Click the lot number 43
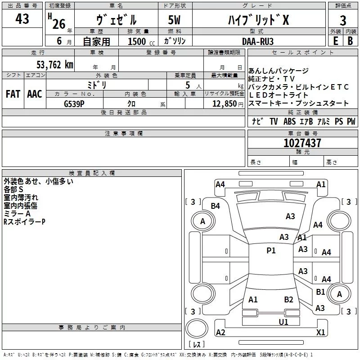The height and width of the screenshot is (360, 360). point(22,18)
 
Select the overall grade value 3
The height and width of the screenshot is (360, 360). point(343,20)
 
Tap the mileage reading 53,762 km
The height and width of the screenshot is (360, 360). point(55,64)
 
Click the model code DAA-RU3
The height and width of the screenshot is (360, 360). point(258,41)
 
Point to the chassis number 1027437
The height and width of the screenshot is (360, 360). point(302,143)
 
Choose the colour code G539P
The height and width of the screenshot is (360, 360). point(74,104)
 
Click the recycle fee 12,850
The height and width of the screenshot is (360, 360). point(224,104)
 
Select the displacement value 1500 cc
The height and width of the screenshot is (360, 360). point(141,41)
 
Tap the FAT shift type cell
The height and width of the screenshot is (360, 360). point(13,94)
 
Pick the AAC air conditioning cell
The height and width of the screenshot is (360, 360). point(35,94)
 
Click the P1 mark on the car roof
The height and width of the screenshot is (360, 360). point(271,250)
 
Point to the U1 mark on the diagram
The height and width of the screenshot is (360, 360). point(283,322)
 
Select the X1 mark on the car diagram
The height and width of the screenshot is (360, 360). point(320,332)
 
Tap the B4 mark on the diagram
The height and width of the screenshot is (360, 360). point(216,206)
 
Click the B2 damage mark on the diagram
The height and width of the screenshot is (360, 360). point(288,299)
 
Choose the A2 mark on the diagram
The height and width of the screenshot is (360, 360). point(220,332)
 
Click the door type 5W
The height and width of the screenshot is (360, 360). point(174,20)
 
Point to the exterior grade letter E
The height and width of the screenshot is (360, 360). point(336,41)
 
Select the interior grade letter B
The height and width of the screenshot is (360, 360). point(350,41)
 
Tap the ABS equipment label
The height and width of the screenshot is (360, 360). point(289,121)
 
